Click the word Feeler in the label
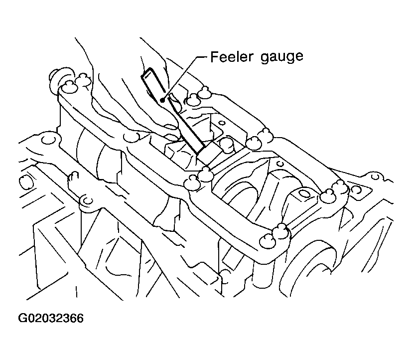[x=232, y=56]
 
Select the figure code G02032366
[x=51, y=318]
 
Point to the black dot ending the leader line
[x=162, y=100]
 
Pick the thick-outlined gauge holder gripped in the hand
[x=153, y=84]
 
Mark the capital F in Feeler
[x=215, y=56]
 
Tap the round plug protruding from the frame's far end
[x=55, y=78]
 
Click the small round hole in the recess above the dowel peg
[x=222, y=123]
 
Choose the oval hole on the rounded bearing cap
[x=305, y=194]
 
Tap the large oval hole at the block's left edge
[x=24, y=181]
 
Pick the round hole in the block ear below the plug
[x=48, y=140]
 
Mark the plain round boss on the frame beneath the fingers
[x=131, y=137]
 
